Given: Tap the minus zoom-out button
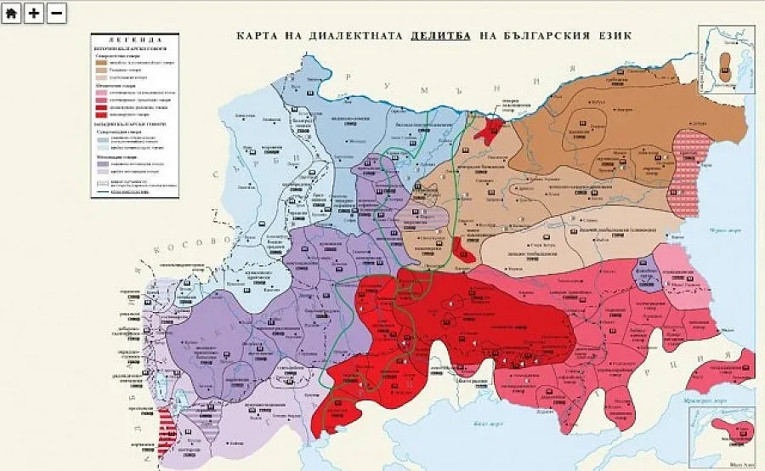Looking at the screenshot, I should pos(57,13).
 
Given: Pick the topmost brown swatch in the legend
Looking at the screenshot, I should pos(102,62).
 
